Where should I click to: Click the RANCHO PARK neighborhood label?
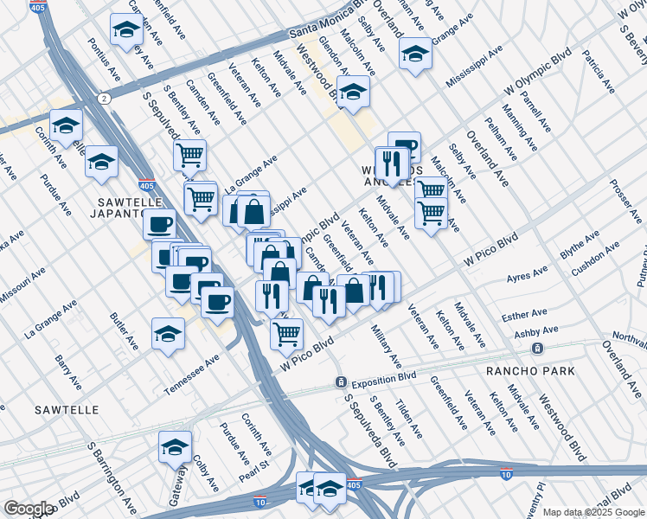click(530, 371)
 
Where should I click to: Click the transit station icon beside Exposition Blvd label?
click(342, 382)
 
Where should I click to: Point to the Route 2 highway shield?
click(104, 99)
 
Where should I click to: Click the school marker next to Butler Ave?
click(168, 334)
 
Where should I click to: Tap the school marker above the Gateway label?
click(176, 446)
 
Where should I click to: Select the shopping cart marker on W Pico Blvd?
click(286, 332)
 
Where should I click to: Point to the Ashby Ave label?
click(536, 330)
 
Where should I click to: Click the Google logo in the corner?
click(29, 509)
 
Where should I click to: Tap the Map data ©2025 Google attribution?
click(593, 512)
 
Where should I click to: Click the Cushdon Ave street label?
click(595, 257)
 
